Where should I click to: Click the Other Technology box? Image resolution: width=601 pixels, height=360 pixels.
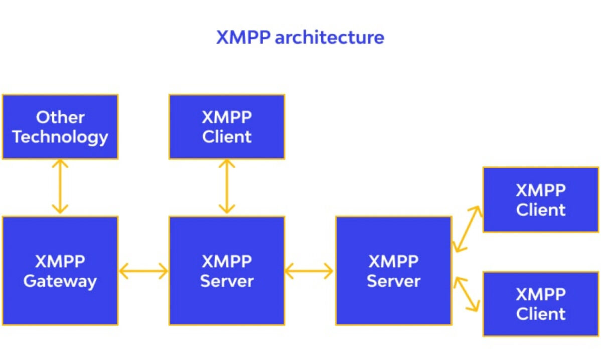point(60,127)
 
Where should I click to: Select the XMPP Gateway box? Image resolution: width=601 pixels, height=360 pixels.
point(60,271)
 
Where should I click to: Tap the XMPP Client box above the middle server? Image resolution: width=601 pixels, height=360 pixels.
point(227,127)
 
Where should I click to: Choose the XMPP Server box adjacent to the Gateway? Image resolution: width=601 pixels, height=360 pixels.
point(227,271)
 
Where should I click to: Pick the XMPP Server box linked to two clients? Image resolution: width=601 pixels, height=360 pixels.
point(393,271)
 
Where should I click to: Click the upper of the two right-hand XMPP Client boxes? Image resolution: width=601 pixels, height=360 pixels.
point(540,200)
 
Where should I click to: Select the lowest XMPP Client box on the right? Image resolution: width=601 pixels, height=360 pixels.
point(540,304)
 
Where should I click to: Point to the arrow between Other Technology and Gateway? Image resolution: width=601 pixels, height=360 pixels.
point(60,187)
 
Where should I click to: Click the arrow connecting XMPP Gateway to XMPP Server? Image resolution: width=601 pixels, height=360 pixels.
point(143,272)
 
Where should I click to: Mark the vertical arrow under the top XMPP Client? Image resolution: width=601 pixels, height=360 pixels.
point(227,187)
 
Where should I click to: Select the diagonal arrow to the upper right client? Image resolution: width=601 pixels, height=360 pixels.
point(467,228)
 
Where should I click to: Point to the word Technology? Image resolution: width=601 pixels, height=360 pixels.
point(60,137)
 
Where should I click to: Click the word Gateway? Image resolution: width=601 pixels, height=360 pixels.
point(60,281)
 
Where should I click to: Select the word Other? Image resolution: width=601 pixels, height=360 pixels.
point(60,117)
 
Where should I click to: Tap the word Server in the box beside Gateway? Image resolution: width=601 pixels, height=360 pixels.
point(227,281)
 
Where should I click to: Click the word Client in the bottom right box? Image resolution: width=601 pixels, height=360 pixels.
point(540,314)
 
